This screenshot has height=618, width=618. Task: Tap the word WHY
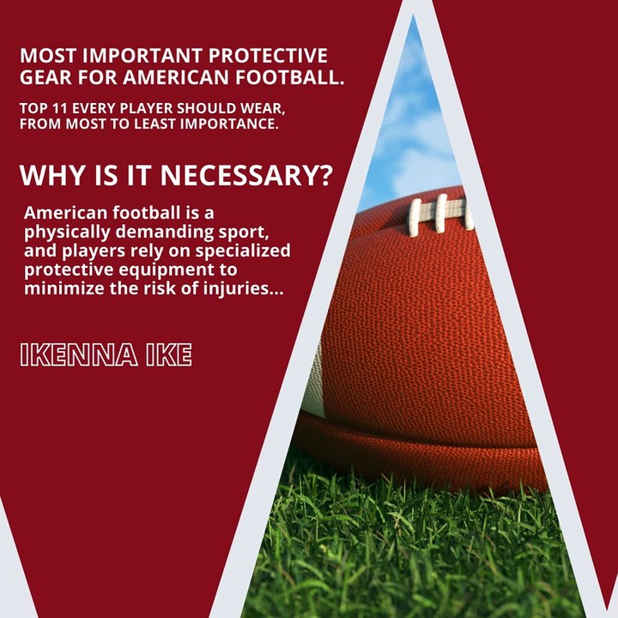pos(50,176)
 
